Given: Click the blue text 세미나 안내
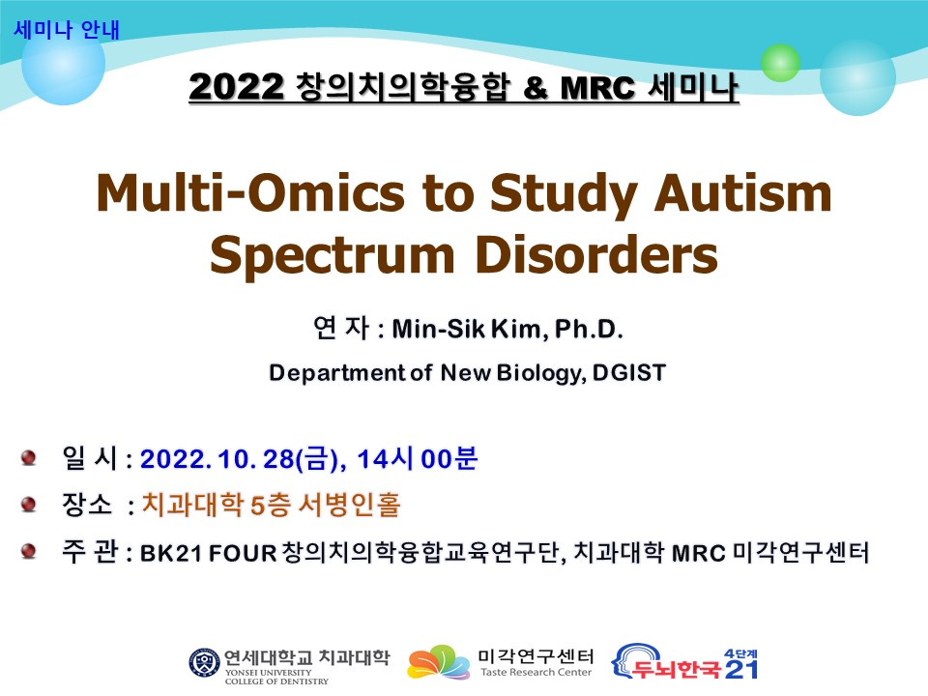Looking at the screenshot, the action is coord(67,30).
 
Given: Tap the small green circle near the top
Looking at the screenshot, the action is coord(780,63).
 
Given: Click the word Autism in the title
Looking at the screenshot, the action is coord(742,192).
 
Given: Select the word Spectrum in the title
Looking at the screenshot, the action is coord(332,255).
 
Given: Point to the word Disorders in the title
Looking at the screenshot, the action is coord(596,254).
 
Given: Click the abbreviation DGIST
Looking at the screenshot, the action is coord(629,373).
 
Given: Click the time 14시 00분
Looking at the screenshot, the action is coord(418,458).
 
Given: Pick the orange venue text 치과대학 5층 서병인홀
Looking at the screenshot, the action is coord(272,505).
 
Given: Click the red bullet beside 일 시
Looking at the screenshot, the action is coord(28,458).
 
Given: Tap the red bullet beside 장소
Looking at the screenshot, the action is coord(28,505).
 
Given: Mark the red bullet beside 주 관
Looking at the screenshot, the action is coord(28,551).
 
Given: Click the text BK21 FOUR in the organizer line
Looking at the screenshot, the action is coord(209,553).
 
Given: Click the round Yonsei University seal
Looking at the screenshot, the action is coord(204,662).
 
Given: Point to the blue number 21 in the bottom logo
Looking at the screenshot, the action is coord(741,669).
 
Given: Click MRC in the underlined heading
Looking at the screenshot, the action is coord(597,88).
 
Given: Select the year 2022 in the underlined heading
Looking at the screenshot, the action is coord(236,87).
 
